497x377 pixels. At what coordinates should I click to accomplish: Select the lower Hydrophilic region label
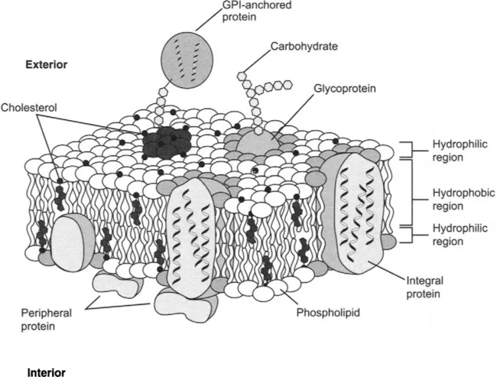[x=454, y=233]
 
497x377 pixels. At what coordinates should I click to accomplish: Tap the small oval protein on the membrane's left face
[x=73, y=237]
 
